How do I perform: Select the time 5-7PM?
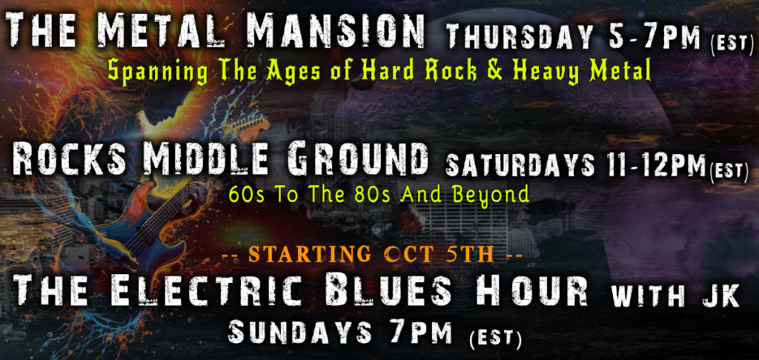coord(655,36)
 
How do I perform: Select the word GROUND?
coord(357,160)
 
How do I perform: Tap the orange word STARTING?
coord(310,255)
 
